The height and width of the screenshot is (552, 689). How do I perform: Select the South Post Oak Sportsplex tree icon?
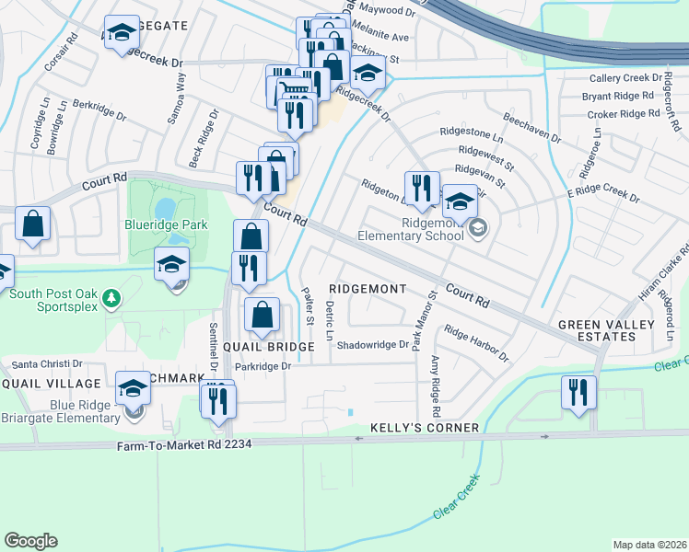[x=111, y=297]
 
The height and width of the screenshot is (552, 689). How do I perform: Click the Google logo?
[x=30, y=540]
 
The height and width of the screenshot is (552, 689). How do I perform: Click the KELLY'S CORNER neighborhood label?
[x=425, y=428]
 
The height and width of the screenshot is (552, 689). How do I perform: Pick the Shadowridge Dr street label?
[x=372, y=345]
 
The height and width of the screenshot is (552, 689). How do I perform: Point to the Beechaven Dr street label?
[x=531, y=127]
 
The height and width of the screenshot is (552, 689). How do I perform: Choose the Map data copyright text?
[x=648, y=545]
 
